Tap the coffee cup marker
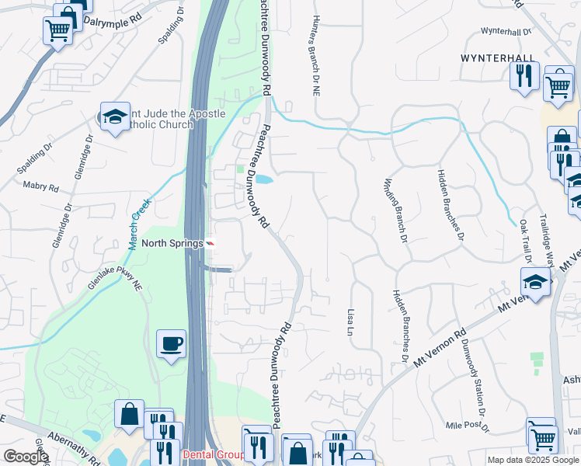click(171, 343)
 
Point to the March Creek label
click(140, 224)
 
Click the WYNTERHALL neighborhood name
click(509, 58)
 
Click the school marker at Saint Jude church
click(115, 117)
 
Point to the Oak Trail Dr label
click(533, 233)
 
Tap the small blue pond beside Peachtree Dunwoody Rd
click(264, 180)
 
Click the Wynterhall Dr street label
click(506, 32)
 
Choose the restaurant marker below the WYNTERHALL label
click(524, 75)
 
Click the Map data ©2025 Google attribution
click(533, 460)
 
